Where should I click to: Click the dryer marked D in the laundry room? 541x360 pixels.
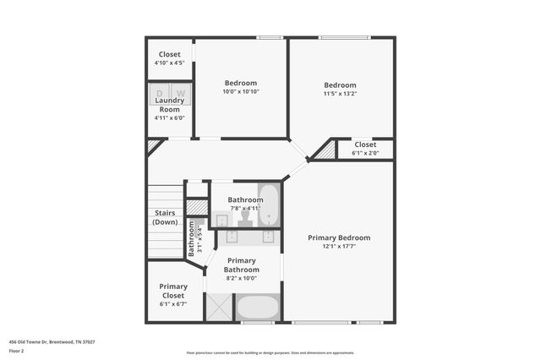[x=160, y=93]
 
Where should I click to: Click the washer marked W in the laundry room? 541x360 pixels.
[x=180, y=93]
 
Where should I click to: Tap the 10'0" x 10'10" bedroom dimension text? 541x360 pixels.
[x=241, y=91]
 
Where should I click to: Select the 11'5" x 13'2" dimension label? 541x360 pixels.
[x=341, y=94]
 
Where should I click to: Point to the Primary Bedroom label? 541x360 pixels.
[x=339, y=238]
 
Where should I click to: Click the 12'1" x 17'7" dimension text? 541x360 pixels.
[x=339, y=247]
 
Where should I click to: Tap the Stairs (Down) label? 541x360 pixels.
[x=166, y=217]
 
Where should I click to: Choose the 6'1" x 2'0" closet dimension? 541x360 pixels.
[x=365, y=153]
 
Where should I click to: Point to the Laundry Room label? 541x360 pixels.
[x=169, y=105]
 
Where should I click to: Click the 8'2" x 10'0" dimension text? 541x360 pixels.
[x=242, y=278]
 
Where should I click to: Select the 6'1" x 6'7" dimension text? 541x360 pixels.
[x=172, y=304]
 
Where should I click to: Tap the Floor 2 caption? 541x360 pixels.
[x=16, y=350]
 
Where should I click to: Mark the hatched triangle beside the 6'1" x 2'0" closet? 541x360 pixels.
[x=325, y=151]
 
